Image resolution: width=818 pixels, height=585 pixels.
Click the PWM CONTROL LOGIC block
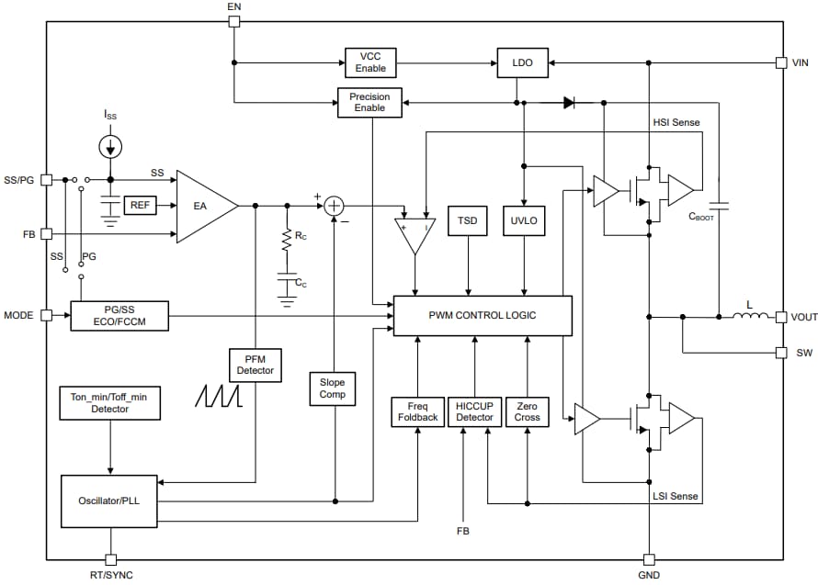pos(483,316)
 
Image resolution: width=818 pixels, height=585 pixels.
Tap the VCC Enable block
pos(371,62)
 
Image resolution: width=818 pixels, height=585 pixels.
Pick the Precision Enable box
pos(369,103)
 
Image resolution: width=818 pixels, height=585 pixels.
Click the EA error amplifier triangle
pos(203,206)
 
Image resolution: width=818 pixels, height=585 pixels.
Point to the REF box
pos(140,206)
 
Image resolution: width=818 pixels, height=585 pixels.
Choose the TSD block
pos(468,221)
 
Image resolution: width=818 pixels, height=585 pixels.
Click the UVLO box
pos(524,221)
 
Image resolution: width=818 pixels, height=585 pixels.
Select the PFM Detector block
pos(256,365)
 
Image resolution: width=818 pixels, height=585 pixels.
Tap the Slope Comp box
pos(333,388)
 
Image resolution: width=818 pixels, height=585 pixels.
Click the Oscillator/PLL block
pos(108,501)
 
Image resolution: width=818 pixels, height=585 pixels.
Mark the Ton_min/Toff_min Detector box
pos(109,403)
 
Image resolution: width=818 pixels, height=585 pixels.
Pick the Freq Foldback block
pos(417,411)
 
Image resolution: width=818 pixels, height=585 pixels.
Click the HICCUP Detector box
pos(474,411)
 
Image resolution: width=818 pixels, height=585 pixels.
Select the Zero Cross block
pos(528,411)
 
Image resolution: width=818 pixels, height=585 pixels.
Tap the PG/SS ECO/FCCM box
pos(119,316)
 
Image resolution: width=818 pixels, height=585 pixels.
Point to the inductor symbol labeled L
pos(750,317)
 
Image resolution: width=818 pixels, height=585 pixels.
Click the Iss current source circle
pos(110,145)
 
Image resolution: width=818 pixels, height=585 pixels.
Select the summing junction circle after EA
pos(335,206)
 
